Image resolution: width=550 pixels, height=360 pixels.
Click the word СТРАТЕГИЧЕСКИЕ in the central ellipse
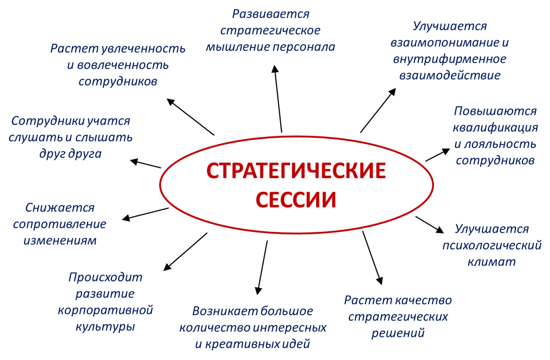coord(296,171)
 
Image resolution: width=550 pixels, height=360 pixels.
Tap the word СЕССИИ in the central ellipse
coord(296,199)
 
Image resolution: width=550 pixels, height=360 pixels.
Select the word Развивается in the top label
coord(270,14)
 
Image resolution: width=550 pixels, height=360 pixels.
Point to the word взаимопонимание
coord(444,43)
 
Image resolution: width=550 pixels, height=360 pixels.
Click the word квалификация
coord(495,127)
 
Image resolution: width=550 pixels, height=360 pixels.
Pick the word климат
coord(492,262)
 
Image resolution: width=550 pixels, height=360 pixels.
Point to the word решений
coord(398,333)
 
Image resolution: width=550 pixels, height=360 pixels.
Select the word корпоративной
coord(105,310)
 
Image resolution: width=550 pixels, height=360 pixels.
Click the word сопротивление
coord(60,224)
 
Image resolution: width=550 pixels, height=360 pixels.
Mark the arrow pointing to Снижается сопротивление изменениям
coord(146,213)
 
